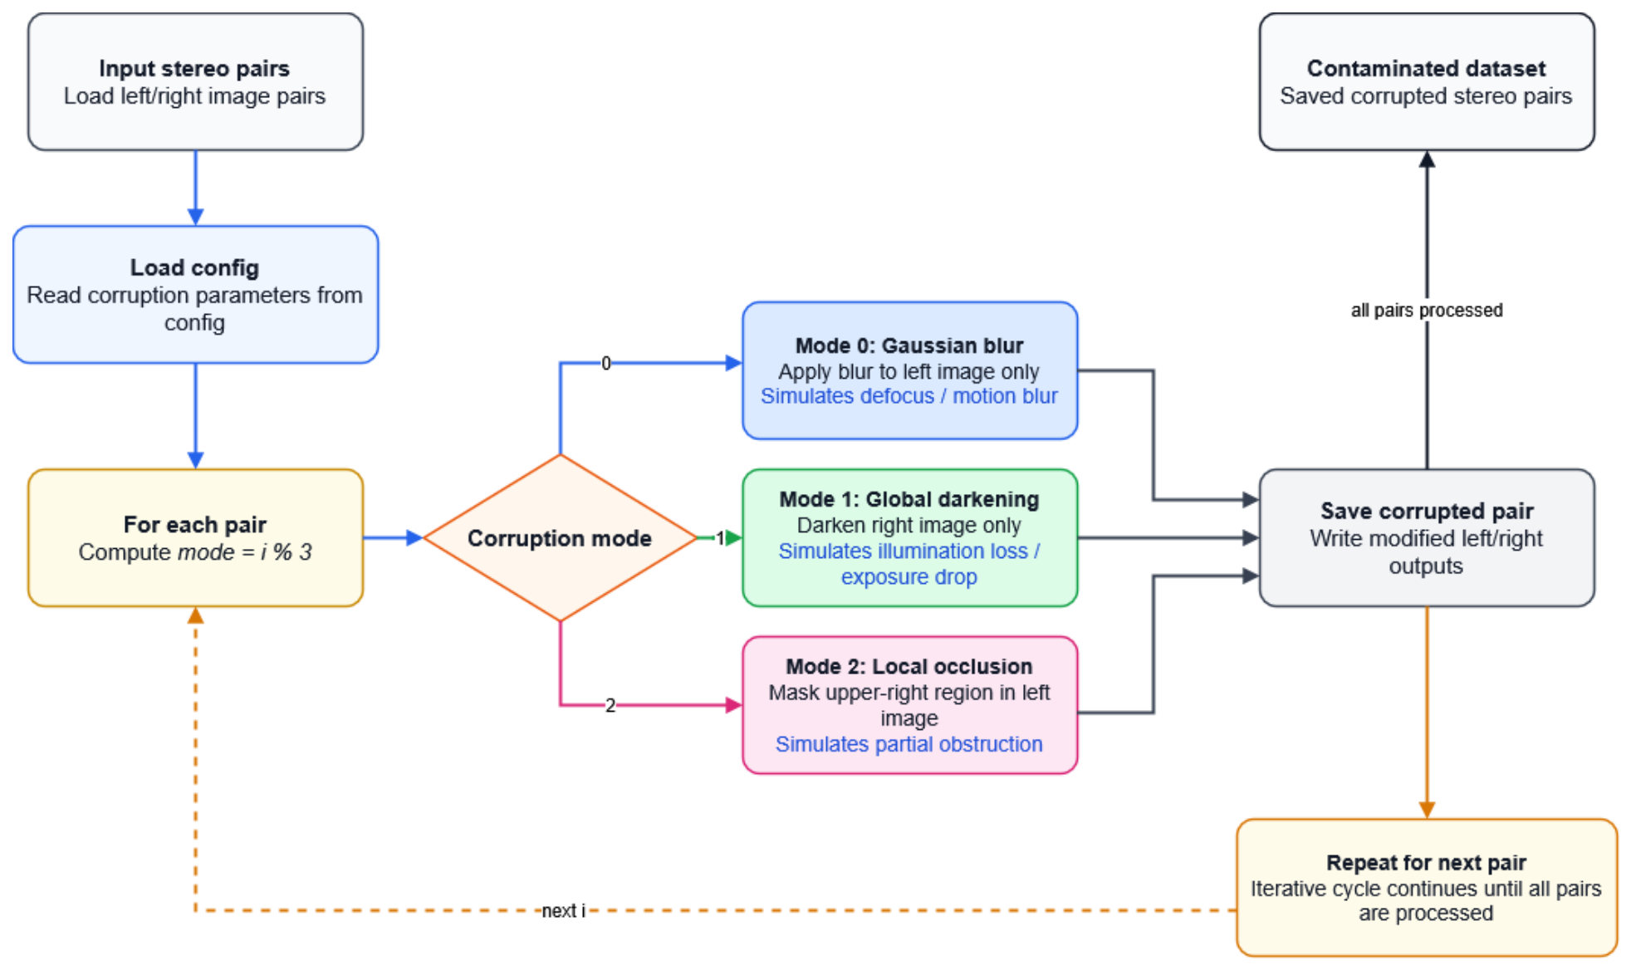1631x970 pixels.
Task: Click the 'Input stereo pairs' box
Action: click(x=195, y=81)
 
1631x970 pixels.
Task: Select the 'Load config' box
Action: click(x=195, y=294)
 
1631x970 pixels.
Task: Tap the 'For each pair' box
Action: click(x=195, y=537)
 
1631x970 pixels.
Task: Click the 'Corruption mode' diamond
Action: click(x=560, y=537)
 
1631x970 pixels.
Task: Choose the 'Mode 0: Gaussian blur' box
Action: click(x=909, y=370)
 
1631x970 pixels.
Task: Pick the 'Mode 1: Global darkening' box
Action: click(x=909, y=537)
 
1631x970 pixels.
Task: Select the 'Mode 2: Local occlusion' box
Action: click(x=909, y=705)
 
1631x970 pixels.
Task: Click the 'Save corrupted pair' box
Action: click(x=1426, y=537)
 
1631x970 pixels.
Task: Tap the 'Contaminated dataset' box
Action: click(x=1426, y=81)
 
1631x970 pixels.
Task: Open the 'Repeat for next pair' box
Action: click(x=1426, y=887)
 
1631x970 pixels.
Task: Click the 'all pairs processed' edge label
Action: click(x=1426, y=310)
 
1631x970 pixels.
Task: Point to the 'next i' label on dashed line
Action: click(x=563, y=910)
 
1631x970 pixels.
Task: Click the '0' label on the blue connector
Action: click(x=605, y=363)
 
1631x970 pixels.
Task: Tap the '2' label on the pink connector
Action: click(x=610, y=705)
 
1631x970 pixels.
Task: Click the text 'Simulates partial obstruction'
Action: click(x=909, y=743)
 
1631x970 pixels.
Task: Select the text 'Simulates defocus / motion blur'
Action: click(x=909, y=395)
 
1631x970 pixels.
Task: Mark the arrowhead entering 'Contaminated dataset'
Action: click(x=1426, y=159)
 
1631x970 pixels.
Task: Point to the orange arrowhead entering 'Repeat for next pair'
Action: click(x=1426, y=810)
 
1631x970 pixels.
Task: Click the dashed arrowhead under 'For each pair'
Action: click(x=195, y=615)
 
